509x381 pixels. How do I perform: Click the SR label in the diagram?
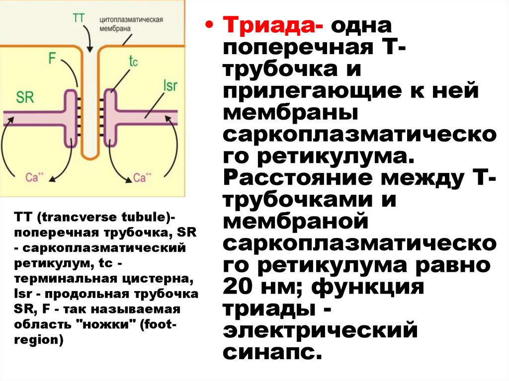24,96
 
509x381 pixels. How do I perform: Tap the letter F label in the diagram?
52,58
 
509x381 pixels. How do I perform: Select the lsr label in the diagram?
170,85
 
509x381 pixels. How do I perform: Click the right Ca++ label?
143,177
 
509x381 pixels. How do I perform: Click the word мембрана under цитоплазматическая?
115,29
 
